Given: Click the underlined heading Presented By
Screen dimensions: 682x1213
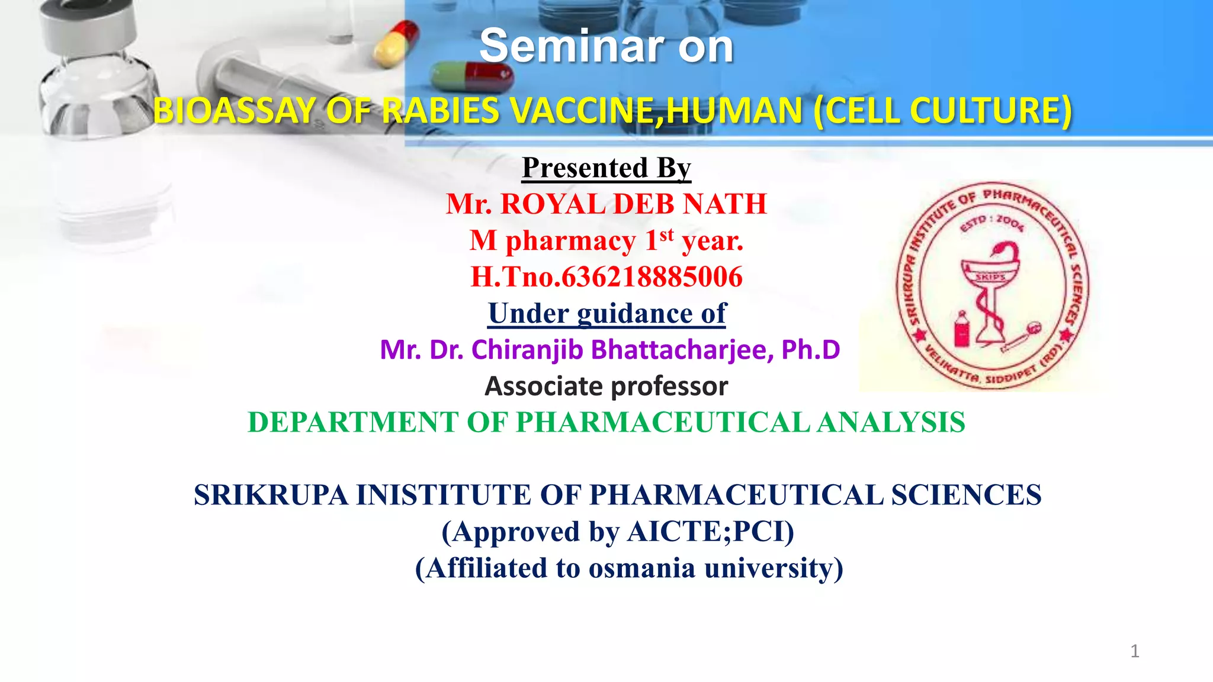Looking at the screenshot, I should click(606, 168).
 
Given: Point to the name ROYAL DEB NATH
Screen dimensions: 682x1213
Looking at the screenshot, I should click(633, 204).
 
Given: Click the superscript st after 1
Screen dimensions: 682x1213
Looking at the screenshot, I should click(666, 234).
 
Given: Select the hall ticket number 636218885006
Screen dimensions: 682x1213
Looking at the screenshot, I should click(652, 277).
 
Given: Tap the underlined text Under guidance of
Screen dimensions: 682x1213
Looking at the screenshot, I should click(606, 314).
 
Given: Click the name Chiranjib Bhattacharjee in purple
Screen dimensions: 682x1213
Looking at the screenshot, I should click(622, 350).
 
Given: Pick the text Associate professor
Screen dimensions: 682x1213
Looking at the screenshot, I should click(606, 387).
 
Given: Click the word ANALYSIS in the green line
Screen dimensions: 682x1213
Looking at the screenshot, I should click(891, 423).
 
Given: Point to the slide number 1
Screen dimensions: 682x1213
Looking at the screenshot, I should click(1134, 651).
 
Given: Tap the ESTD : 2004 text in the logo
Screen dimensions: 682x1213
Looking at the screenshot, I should click(991, 223).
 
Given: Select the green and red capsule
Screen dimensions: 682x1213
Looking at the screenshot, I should click(471, 78).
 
